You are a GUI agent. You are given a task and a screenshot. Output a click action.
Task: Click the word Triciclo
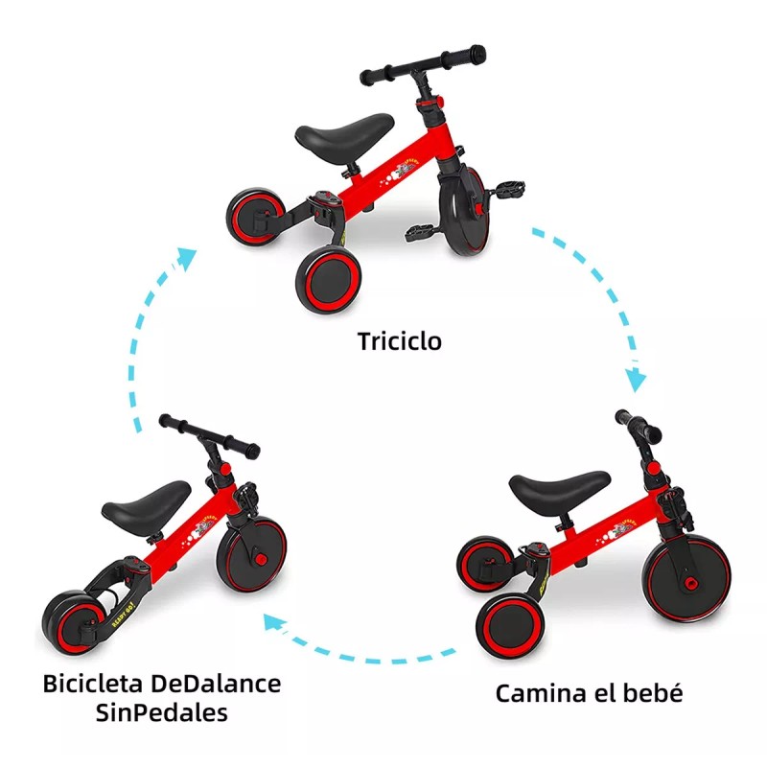pos(401,340)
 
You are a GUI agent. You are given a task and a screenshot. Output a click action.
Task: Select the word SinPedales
pos(162,714)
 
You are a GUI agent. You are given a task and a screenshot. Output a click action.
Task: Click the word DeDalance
pos(221,685)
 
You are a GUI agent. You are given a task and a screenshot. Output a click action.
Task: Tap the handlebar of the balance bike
pos(209,435)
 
